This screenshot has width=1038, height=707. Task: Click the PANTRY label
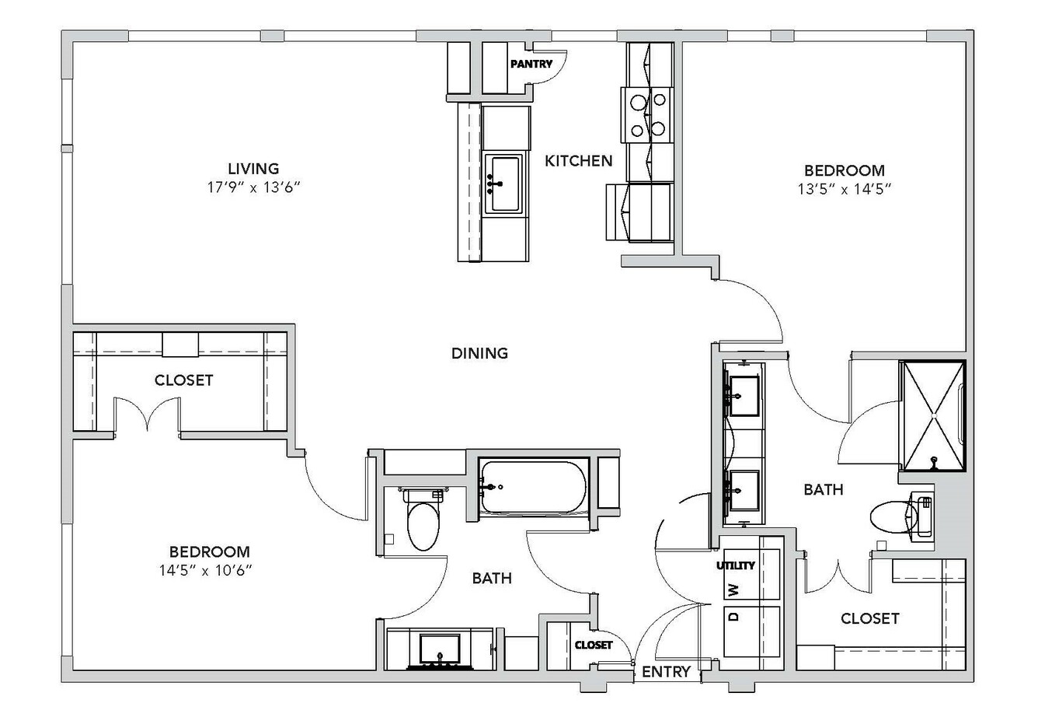tap(531, 64)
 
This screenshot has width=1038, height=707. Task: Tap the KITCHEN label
tap(578, 161)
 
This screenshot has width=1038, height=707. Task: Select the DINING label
tap(479, 353)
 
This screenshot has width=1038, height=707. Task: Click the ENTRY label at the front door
tap(666, 671)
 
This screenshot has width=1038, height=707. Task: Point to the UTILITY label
tap(736, 565)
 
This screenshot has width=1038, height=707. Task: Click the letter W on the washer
tap(733, 590)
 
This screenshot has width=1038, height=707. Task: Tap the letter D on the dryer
tap(733, 617)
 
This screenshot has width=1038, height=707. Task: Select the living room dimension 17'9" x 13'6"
tap(253, 187)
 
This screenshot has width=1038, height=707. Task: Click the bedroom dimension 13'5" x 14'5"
tap(845, 189)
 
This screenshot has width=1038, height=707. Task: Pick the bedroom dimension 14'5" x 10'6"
tap(206, 570)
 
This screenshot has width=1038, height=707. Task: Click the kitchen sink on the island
tap(504, 184)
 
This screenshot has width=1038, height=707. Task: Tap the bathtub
tap(533, 487)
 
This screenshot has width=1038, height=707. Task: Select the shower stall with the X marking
tap(932, 416)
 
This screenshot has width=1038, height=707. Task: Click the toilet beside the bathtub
tap(423, 519)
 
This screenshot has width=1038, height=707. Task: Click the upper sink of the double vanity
tap(744, 396)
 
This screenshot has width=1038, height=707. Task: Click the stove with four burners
tap(647, 114)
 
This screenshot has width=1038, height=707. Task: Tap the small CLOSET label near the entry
tap(593, 646)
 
